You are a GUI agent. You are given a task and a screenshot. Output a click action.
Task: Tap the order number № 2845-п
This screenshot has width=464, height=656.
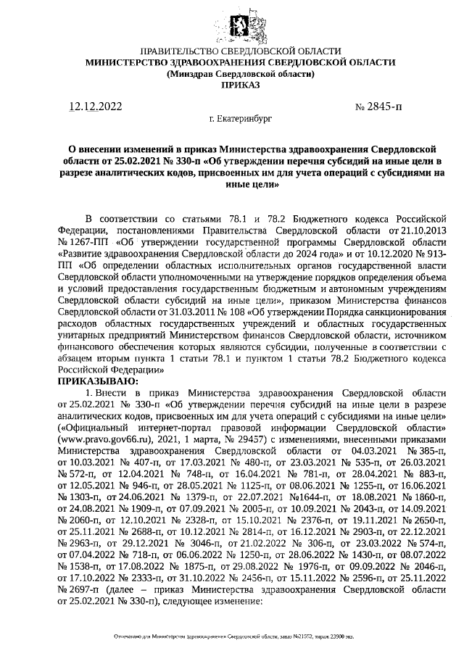coord(378,107)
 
